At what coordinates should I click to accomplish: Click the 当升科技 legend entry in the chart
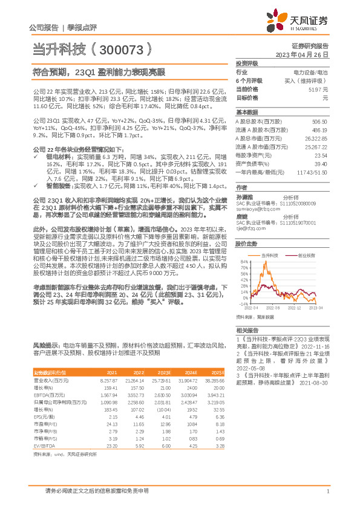pyautogui.click(x=272, y=256)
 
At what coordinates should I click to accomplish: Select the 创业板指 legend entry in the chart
pyautogui.click(x=306, y=256)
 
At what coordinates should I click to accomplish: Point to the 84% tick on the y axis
pyautogui.click(x=244, y=262)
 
